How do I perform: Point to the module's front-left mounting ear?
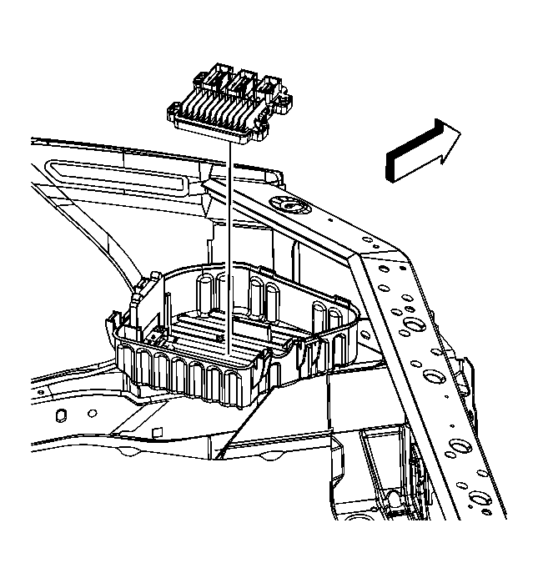(x=178, y=107)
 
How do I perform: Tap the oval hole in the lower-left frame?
(x=62, y=415)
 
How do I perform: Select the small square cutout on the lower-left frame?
(x=156, y=431)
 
